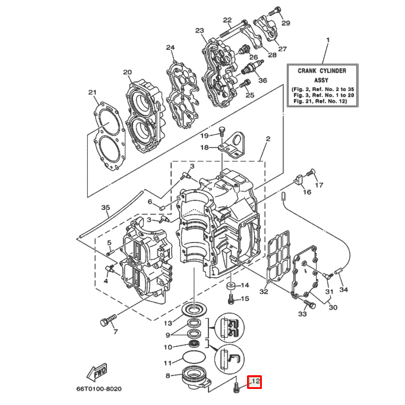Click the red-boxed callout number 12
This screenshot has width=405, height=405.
click(254, 382)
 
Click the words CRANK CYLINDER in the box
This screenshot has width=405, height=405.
click(322, 71)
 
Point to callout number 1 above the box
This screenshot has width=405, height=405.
click(326, 41)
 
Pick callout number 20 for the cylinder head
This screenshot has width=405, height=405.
click(127, 73)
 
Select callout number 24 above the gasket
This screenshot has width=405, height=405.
click(171, 48)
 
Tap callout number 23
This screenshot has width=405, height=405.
click(199, 31)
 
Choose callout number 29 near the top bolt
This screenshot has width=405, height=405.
click(286, 23)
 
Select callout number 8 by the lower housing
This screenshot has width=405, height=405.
click(168, 376)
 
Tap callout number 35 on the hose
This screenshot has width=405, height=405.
click(106, 208)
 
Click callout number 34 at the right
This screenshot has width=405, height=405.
click(343, 290)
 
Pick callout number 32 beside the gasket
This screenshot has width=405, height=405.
click(264, 292)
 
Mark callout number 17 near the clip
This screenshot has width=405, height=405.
click(319, 186)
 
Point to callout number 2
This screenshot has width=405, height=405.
click(268, 139)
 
